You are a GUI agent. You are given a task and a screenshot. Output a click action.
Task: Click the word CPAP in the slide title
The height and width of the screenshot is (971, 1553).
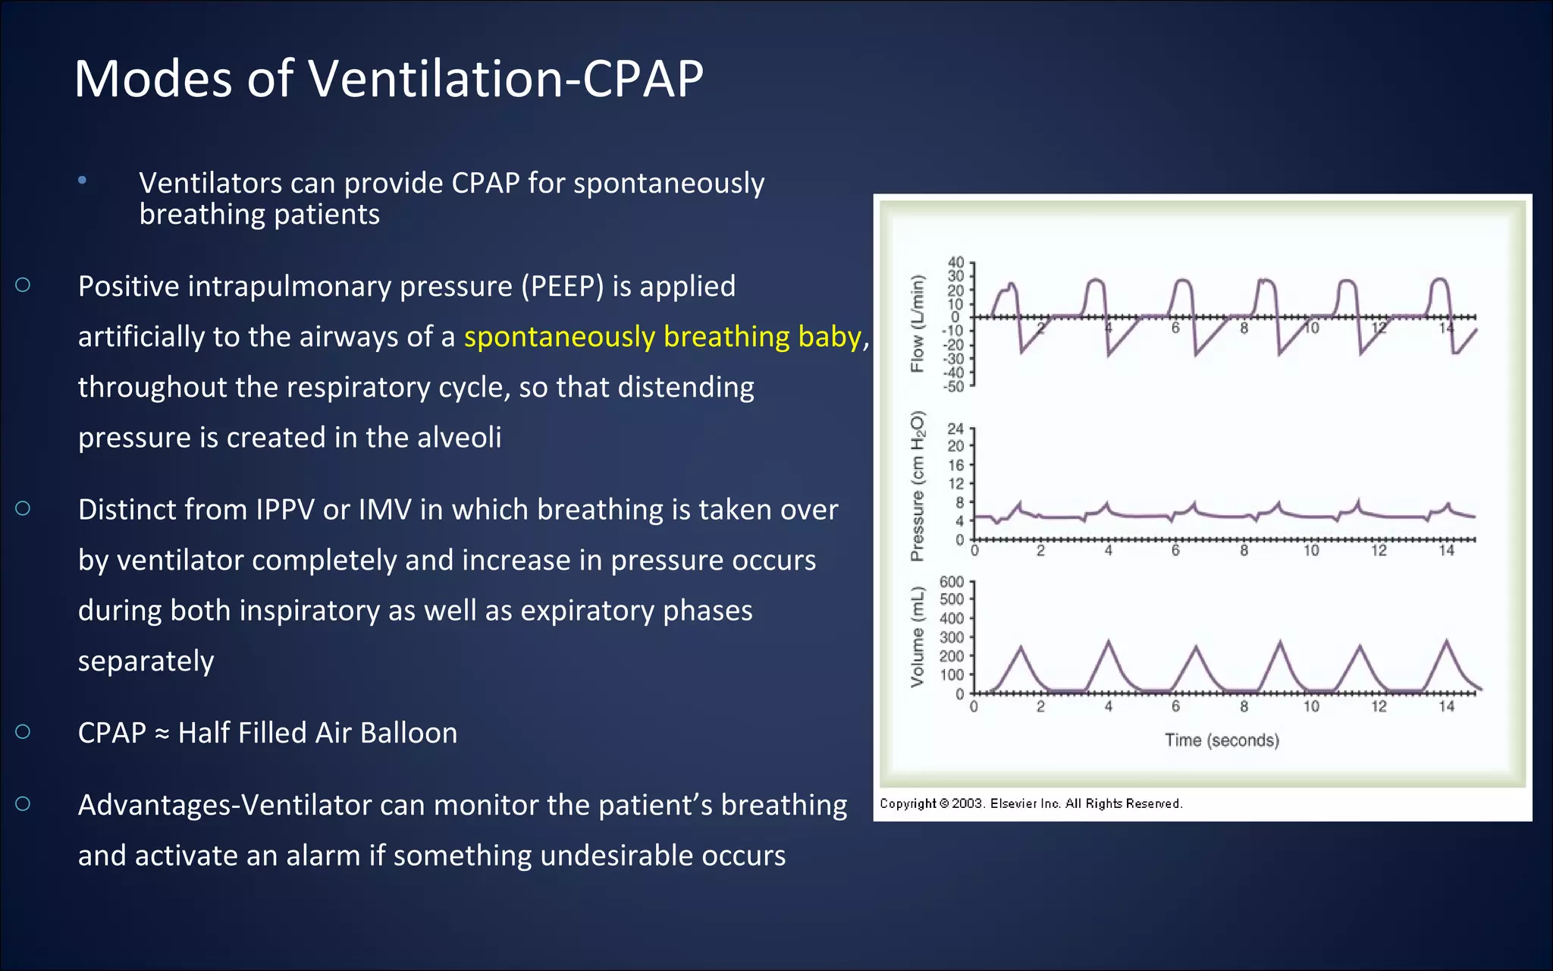point(642,79)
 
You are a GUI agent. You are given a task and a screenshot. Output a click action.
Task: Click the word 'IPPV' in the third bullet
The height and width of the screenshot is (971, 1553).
point(284,510)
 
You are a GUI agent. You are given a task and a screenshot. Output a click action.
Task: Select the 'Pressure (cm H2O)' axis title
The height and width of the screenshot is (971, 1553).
point(918,485)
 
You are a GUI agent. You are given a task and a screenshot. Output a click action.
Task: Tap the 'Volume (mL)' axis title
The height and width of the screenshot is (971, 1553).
point(918,636)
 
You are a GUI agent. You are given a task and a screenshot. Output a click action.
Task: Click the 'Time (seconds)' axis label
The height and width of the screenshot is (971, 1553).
point(1222,740)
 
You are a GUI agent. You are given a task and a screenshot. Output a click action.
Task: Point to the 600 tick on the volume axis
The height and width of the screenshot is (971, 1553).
point(951,582)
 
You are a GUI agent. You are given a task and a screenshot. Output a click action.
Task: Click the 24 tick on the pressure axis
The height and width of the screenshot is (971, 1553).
point(955,429)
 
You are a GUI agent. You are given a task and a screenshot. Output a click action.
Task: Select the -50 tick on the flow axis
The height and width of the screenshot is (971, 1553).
point(953,386)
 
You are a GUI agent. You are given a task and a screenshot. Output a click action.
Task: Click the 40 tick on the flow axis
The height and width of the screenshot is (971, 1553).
point(955,262)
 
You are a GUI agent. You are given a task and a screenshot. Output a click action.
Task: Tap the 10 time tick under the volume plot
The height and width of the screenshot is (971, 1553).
point(1311,707)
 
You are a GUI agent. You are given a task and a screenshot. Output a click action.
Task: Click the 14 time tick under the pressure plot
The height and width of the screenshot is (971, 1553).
point(1446,551)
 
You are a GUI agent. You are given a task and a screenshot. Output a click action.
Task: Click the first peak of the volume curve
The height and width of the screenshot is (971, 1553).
point(1021,647)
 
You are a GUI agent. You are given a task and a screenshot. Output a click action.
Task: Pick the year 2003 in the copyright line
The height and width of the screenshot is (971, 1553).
point(967,804)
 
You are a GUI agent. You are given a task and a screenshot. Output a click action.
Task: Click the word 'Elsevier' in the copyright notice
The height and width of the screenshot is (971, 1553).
point(1014,804)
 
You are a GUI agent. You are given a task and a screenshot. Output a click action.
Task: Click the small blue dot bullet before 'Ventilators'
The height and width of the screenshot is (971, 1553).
point(82,181)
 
